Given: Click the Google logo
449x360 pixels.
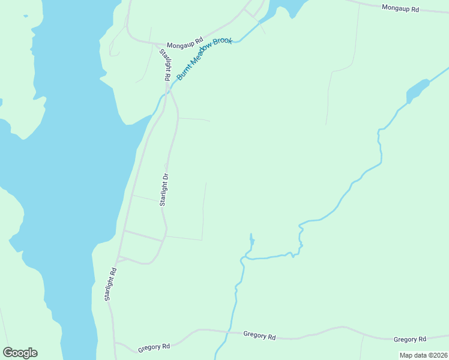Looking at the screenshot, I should pyautogui.click(x=20, y=353).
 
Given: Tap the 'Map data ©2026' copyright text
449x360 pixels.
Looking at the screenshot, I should pyautogui.click(x=423, y=355).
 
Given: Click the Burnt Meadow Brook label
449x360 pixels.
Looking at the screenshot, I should pyautogui.click(x=204, y=58).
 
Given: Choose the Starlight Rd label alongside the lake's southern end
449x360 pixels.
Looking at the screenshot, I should pyautogui.click(x=109, y=284).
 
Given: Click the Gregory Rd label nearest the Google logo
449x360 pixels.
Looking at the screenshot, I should pyautogui.click(x=154, y=347).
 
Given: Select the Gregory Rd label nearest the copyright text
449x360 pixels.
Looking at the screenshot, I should pyautogui.click(x=409, y=339).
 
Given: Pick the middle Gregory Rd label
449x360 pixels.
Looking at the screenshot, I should pyautogui.click(x=259, y=335).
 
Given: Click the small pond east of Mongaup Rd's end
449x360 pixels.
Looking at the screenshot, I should pyautogui.click(x=418, y=91).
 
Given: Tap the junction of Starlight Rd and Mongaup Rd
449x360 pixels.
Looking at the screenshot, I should pyautogui.click(x=158, y=45).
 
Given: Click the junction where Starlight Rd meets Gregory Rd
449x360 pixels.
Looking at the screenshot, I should pyautogui.click(x=114, y=343).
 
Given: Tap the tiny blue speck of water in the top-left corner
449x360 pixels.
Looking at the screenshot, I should pyautogui.click(x=25, y=16).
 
